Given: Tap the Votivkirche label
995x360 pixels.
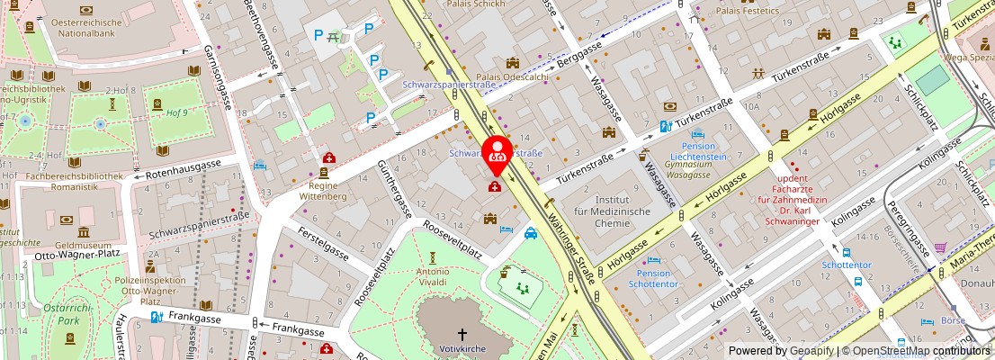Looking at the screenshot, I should tap(462, 347).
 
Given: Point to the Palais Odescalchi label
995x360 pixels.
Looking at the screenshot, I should tap(513, 76).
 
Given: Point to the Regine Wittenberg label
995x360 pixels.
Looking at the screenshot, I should tap(323, 189).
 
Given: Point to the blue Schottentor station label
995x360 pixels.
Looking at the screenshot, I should tap(847, 265).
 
